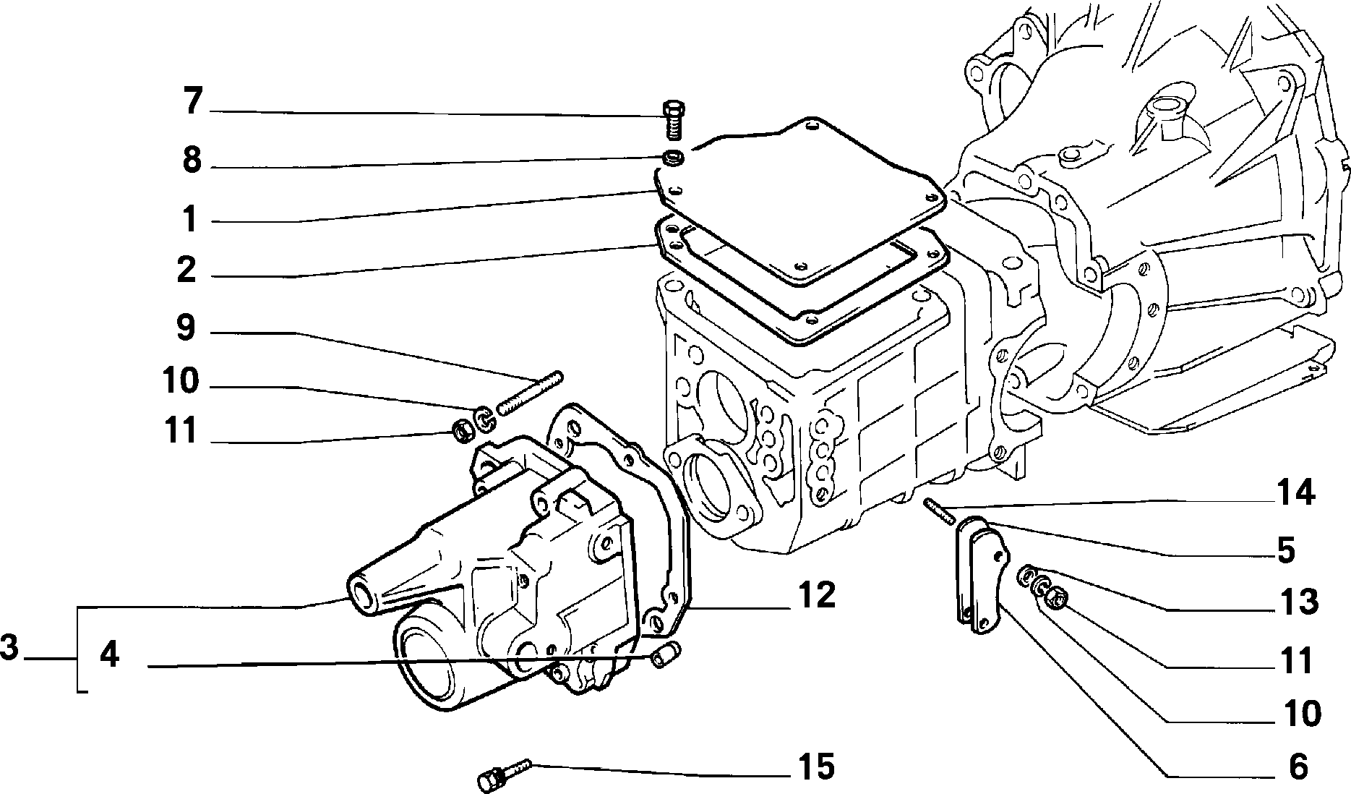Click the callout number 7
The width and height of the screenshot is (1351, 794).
click(191, 101)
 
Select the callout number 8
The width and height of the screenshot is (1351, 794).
click(191, 159)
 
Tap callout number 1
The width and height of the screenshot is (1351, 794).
click(189, 219)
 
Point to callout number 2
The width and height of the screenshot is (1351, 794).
click(186, 270)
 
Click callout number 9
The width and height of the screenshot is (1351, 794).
click(186, 328)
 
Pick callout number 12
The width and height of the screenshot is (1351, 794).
click(817, 594)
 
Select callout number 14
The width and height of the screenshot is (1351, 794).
click(1295, 493)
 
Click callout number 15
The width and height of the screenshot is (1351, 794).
click(817, 767)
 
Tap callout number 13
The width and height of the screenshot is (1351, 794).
click(1299, 602)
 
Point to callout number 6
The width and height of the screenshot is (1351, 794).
click(1299, 767)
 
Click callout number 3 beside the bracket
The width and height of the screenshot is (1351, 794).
click(9, 647)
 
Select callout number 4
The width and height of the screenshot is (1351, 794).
click(109, 655)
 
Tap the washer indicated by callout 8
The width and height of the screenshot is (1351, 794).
click(674, 156)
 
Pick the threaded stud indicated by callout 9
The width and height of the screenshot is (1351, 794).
click(530, 393)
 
